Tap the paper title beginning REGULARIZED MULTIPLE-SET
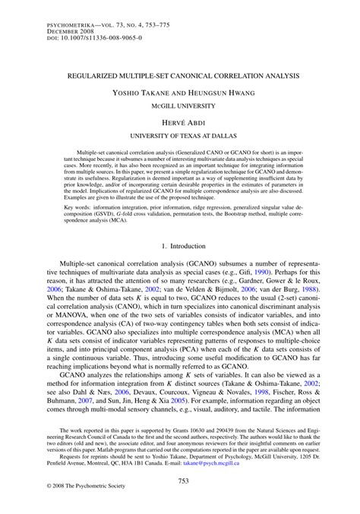point(179,77)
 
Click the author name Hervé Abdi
point(179,121)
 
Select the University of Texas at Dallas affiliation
point(179,135)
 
